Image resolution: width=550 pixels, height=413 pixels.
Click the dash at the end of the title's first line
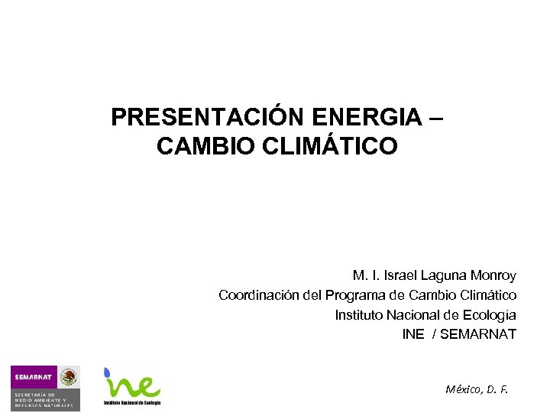pos(436,117)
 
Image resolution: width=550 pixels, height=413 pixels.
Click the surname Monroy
pos(493,275)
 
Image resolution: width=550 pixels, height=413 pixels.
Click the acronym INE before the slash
pos(412,334)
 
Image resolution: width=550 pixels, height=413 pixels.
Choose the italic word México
pos(463,389)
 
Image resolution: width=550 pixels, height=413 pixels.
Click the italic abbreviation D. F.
pos(497,389)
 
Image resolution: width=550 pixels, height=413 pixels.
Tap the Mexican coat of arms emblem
pos(69,377)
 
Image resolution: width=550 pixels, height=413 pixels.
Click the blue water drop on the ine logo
pos(108,373)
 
